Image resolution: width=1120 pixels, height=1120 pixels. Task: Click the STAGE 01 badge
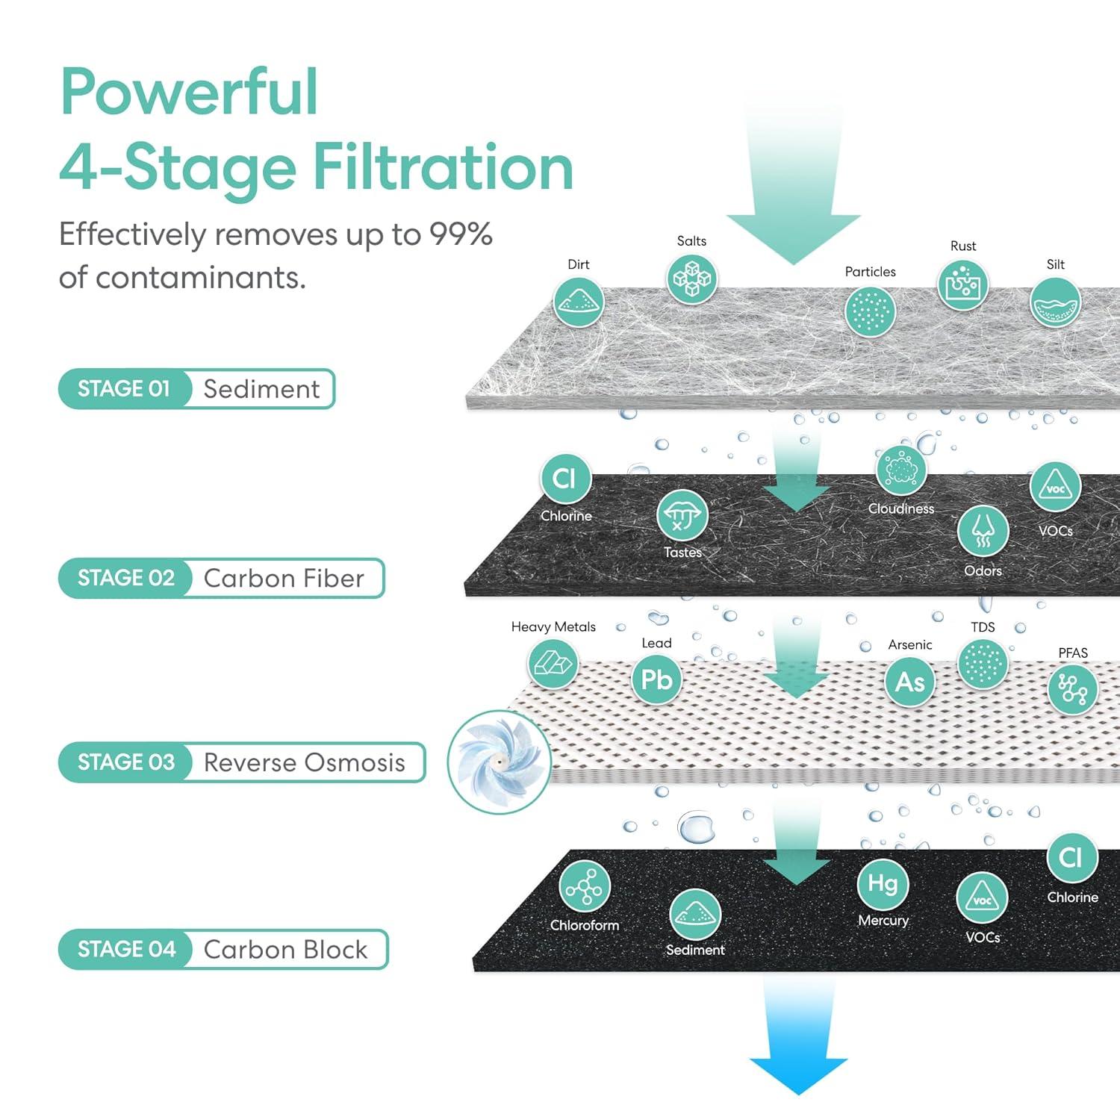[124, 389]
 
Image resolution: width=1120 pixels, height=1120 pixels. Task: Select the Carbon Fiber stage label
[284, 579]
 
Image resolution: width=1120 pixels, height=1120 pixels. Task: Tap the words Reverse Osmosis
[304, 762]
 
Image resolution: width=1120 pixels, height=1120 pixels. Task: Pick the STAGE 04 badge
[126, 949]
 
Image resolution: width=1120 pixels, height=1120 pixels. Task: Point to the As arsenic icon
[909, 682]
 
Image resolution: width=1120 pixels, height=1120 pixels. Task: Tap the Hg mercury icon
[883, 884]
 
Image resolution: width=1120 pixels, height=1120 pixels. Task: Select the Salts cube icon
[691, 279]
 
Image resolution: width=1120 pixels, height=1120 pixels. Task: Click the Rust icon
[962, 285]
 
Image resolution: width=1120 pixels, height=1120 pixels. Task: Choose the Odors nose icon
[983, 532]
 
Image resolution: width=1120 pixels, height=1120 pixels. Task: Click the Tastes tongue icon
[682, 515]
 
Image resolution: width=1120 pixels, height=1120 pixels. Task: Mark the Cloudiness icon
[900, 471]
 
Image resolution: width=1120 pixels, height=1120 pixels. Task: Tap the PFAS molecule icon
[1072, 689]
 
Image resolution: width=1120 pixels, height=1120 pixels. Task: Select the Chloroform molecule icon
[584, 886]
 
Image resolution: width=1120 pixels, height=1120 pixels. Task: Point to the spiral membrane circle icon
[499, 762]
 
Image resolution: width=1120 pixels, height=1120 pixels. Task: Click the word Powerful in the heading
[189, 92]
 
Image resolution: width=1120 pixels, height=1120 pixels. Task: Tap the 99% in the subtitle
[460, 234]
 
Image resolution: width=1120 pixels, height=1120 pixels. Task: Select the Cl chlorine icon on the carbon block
[1071, 858]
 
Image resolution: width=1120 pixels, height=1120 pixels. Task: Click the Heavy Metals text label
[553, 627]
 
